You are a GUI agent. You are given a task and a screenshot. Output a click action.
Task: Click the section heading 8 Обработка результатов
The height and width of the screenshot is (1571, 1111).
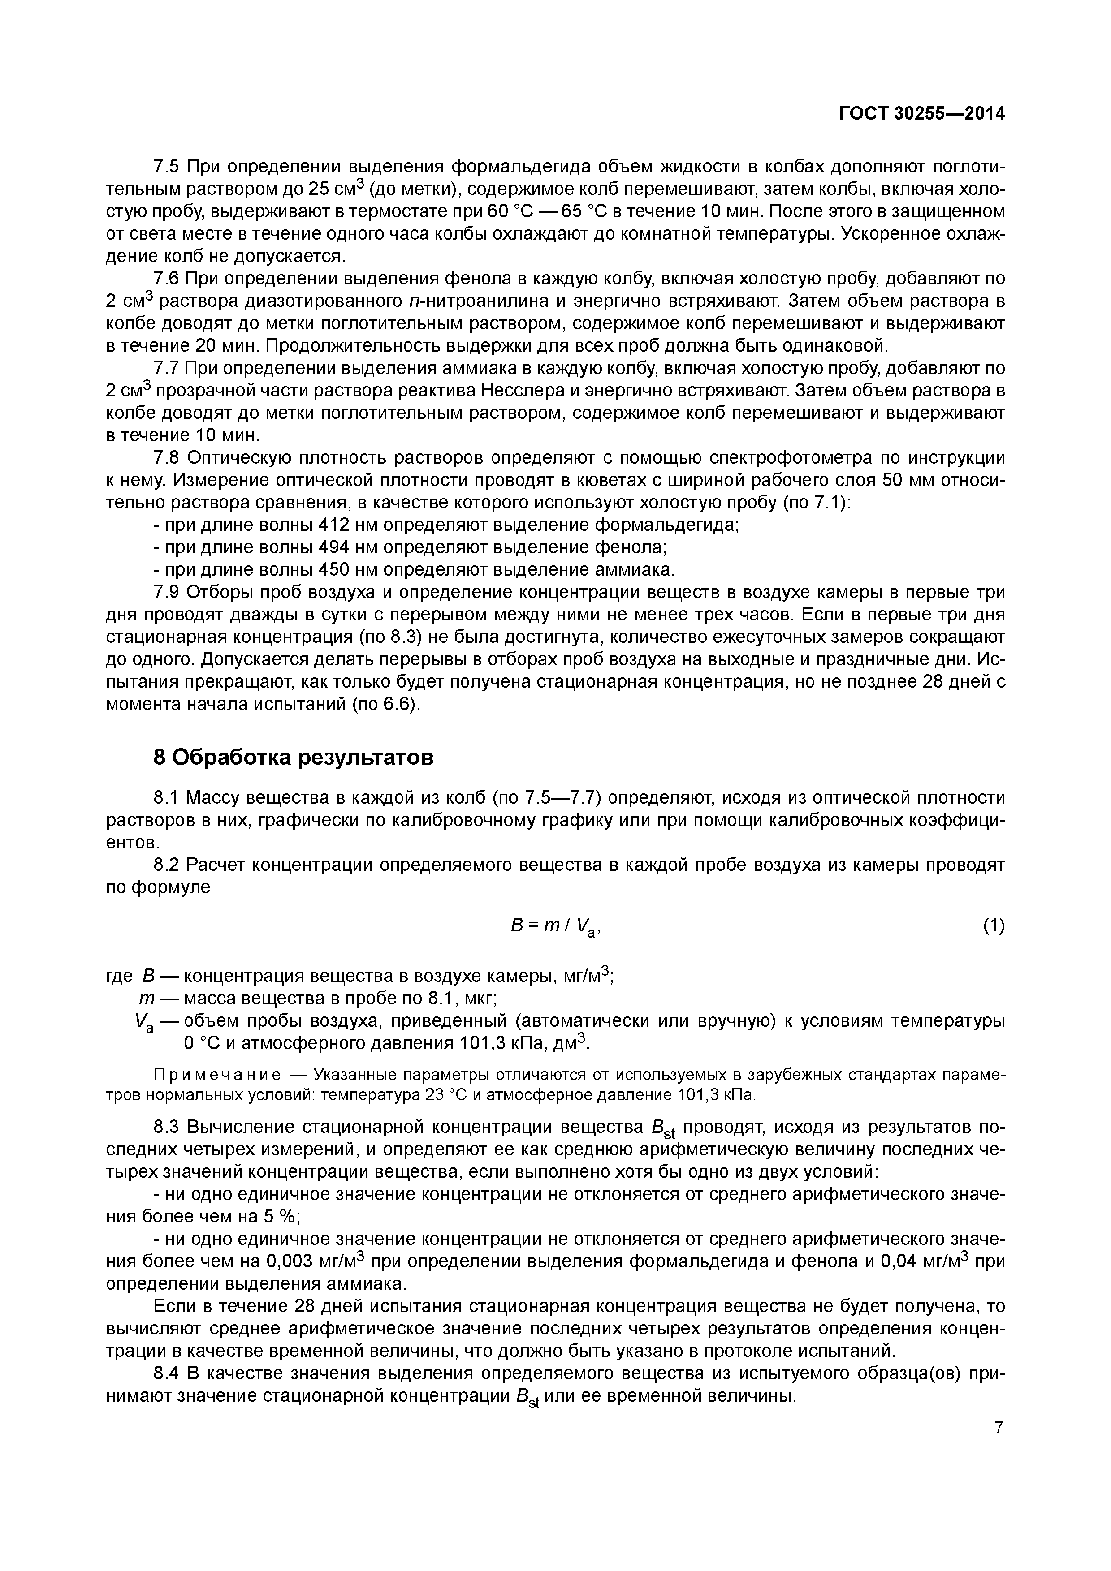tap(293, 758)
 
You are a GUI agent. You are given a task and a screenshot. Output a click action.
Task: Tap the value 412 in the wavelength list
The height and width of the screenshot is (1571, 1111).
tap(335, 525)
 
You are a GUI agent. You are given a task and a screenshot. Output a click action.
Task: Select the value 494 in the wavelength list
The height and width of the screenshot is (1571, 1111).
tap(335, 547)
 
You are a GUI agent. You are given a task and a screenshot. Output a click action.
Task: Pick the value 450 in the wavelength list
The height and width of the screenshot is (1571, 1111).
tap(335, 570)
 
